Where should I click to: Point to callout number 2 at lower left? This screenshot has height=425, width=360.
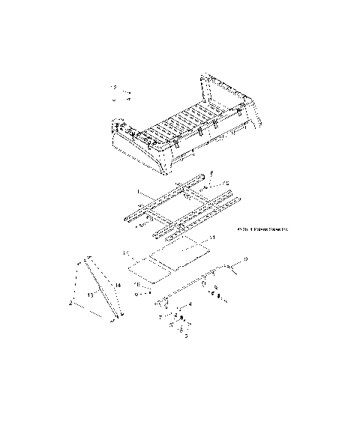tap(70, 303)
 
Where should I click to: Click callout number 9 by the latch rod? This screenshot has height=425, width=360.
tap(246, 259)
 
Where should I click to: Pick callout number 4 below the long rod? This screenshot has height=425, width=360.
tap(190, 304)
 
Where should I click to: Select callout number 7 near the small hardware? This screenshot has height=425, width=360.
tap(160, 318)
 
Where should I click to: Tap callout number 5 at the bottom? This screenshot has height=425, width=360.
tap(185, 337)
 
